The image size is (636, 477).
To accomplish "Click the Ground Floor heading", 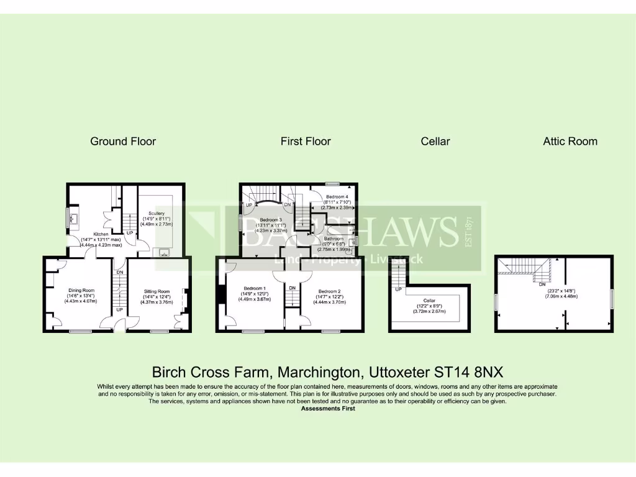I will click(123, 141).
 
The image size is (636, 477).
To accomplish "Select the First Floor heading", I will click(306, 141).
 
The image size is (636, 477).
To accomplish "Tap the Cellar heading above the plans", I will click(435, 141).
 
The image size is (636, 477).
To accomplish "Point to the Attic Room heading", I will click(570, 141).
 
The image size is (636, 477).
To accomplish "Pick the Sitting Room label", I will click(157, 291).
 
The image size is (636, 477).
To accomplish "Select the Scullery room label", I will click(156, 213).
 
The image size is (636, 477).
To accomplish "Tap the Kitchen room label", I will click(101, 234).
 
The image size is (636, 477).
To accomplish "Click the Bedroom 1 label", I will click(254, 288).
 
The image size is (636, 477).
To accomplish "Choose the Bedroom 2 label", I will click(330, 291).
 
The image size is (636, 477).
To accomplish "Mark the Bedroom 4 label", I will click(337, 196).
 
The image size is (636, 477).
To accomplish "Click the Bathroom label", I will click(333, 238).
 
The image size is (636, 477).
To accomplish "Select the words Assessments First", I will click(328, 409).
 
